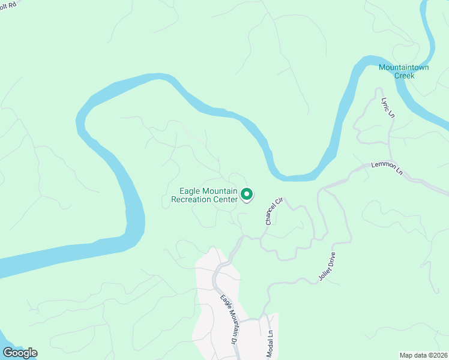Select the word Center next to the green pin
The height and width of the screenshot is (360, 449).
226,199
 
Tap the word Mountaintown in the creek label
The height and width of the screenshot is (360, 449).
403,67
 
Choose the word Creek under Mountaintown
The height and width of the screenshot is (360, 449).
403,76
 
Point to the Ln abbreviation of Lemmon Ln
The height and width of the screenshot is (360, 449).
399,172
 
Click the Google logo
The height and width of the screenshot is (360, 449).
20,353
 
